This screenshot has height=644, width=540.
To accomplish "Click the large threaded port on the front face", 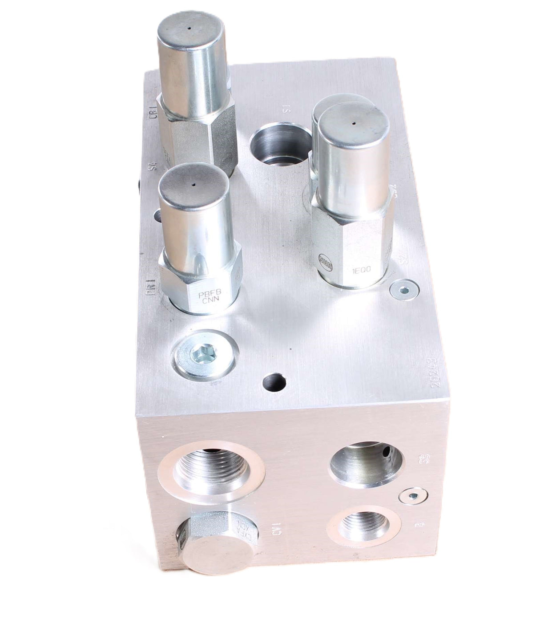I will pyautogui.click(x=211, y=470).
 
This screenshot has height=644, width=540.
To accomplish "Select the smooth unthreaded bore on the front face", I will pyautogui.click(x=366, y=461).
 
